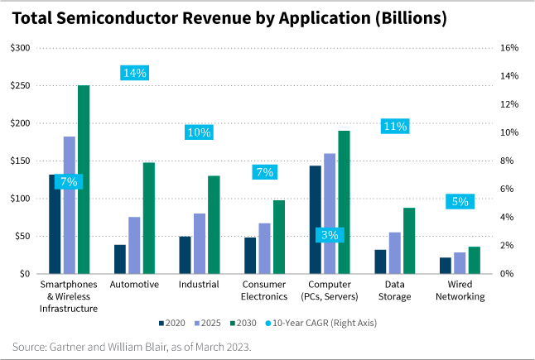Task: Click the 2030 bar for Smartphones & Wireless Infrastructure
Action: (x=84, y=179)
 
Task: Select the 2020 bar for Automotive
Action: (x=120, y=259)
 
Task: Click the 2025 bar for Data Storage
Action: (x=394, y=252)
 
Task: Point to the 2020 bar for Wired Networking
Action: (x=446, y=265)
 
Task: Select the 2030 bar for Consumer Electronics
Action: (x=279, y=237)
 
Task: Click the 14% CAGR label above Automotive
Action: (x=134, y=73)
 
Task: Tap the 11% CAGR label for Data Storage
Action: (x=394, y=126)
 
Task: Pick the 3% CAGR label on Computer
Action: (x=329, y=235)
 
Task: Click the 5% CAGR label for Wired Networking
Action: (x=460, y=201)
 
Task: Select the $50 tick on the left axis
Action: (x=22, y=236)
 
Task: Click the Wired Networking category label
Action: (x=460, y=290)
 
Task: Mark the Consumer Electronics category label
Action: (x=264, y=290)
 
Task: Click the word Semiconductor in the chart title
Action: (x=133, y=19)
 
